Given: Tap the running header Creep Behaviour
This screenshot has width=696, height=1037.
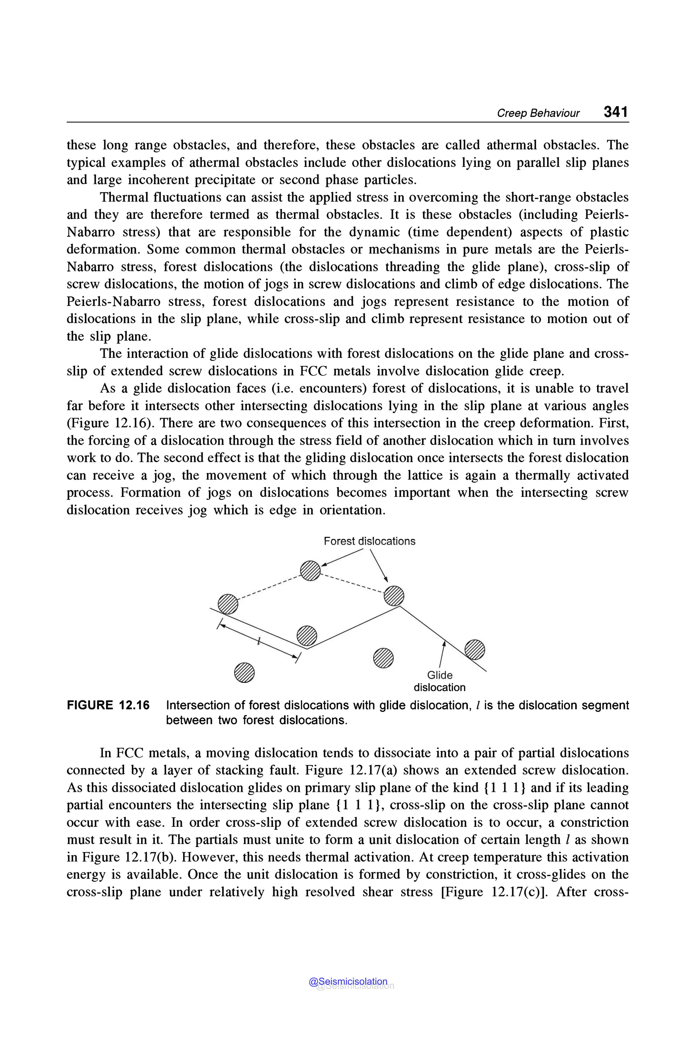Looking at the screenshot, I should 538,113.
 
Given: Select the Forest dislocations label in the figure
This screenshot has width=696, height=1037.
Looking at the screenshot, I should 369,541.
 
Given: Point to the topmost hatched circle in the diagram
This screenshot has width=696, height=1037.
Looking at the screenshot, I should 310,571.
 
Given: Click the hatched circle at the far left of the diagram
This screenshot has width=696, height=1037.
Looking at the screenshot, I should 228,604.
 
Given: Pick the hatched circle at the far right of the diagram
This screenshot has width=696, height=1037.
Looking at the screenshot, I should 474,649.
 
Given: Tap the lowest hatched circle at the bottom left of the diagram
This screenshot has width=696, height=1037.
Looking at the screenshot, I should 244,673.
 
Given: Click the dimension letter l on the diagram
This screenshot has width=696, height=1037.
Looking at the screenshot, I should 258,641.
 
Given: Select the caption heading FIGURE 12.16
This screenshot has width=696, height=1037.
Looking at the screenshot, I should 108,705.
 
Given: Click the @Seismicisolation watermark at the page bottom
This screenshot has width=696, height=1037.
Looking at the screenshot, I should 348,982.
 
